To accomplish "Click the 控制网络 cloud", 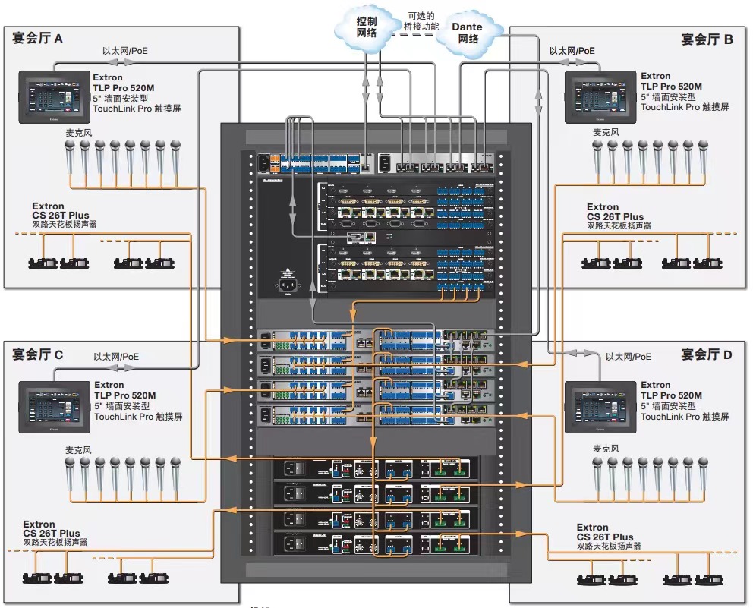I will click(366, 28).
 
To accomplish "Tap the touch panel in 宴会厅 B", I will click(600, 96).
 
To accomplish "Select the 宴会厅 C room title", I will click(37, 354).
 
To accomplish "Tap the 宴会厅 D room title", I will click(707, 354).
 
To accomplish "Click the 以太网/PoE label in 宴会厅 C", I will click(116, 356).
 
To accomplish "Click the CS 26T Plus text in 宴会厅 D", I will click(605, 537).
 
